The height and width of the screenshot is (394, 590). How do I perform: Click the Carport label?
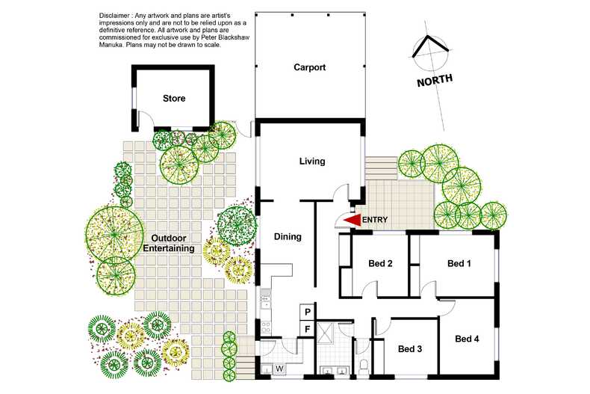pyautogui.click(x=309, y=67)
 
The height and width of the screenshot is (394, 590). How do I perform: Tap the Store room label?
pyautogui.click(x=174, y=98)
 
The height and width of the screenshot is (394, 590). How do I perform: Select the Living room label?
pyautogui.click(x=312, y=161)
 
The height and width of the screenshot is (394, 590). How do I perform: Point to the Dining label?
pyautogui.click(x=288, y=236)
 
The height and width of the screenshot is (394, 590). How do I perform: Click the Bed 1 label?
pyautogui.click(x=459, y=263)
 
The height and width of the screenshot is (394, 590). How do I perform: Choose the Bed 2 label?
pyautogui.click(x=380, y=263)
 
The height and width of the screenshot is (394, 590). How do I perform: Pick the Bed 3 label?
pyautogui.click(x=410, y=348)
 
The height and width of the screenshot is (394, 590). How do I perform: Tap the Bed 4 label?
pyautogui.click(x=467, y=339)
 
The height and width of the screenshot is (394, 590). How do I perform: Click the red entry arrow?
pyautogui.click(x=350, y=220)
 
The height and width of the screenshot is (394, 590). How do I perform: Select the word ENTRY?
pyautogui.click(x=375, y=220)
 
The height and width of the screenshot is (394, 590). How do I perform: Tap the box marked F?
pyautogui.click(x=307, y=328)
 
